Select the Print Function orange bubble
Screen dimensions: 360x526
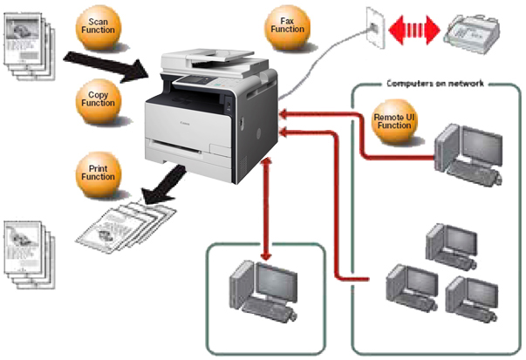point(97,170)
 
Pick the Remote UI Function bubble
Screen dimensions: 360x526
point(391,120)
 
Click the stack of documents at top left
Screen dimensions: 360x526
point(27,44)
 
